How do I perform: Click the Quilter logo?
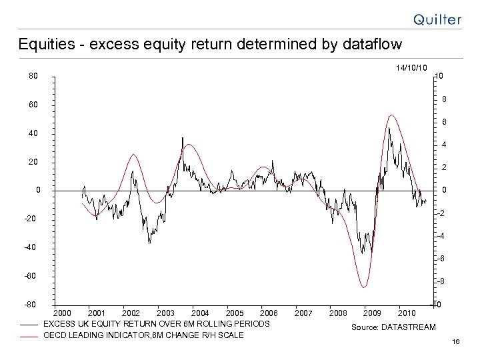click(436, 19)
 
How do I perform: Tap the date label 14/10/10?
click(411, 67)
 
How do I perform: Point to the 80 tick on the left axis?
click(33, 76)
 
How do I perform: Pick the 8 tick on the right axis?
click(444, 101)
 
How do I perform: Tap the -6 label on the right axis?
click(442, 259)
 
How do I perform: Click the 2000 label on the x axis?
click(62, 312)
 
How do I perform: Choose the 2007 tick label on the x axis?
click(303, 312)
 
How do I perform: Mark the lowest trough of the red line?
click(364, 287)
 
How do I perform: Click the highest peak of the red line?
click(391, 115)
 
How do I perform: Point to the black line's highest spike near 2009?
click(389, 128)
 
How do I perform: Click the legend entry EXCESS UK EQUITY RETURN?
click(156, 323)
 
